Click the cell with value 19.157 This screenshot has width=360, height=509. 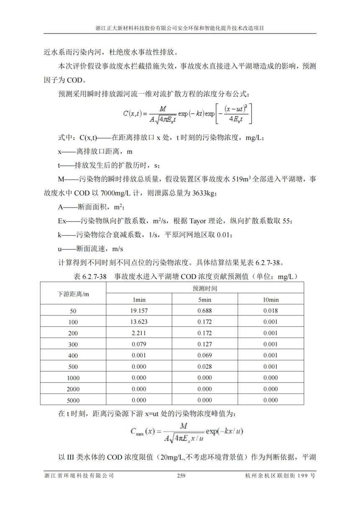[x=139, y=311]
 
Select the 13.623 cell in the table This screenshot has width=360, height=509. [x=139, y=322]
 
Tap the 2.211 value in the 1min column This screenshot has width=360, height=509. [x=139, y=333]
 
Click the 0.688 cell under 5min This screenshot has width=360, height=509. [x=205, y=311]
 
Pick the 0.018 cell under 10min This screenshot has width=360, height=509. [x=270, y=311]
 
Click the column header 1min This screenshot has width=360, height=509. [x=139, y=300]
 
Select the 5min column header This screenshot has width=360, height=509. [x=205, y=300]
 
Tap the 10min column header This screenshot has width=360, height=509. [x=270, y=300]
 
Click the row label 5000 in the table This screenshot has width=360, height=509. [x=73, y=400]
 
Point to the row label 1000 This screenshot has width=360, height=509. [x=73, y=378]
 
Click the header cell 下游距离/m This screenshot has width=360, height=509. [x=73, y=294]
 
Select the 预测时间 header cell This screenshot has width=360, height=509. [x=205, y=288]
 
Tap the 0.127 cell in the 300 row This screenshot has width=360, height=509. [x=205, y=344]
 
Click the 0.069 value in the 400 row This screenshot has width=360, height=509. [x=205, y=355]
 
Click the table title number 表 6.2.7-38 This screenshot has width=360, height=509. [x=90, y=277]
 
